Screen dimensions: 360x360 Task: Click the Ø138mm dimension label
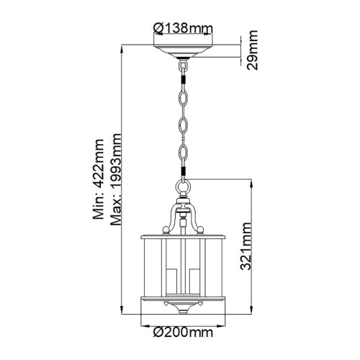tap(183, 29)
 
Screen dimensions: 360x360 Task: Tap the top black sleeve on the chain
tap(184, 66)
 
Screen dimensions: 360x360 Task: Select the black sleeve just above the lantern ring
tap(184, 173)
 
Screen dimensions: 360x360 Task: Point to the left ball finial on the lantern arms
tap(166, 230)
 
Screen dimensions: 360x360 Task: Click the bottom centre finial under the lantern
tap(184, 311)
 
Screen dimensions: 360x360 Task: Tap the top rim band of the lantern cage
tap(184, 235)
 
